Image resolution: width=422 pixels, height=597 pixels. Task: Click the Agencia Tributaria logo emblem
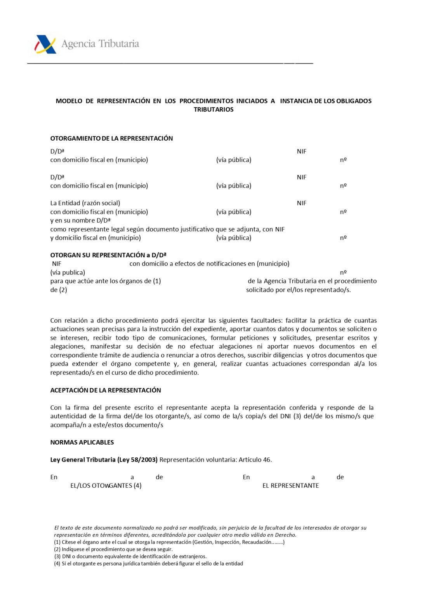(x=46, y=44)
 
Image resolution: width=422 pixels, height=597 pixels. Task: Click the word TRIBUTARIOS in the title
(x=214, y=110)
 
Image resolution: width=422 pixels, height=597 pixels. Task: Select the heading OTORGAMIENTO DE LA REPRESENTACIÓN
(x=111, y=138)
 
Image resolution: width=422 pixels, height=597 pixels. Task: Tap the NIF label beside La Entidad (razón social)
(x=302, y=203)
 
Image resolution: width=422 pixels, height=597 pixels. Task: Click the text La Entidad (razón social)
(x=85, y=203)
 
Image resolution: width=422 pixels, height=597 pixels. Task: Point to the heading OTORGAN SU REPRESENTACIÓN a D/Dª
(x=108, y=255)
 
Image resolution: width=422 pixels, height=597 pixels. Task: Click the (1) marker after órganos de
(x=157, y=281)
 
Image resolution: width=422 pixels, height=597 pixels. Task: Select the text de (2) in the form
(x=59, y=290)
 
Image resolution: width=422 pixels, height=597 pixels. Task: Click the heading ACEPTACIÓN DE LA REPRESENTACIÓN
(x=106, y=390)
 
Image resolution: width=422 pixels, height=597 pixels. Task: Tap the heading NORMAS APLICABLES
(x=82, y=442)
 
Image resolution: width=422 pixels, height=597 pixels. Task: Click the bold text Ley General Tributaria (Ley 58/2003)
(x=104, y=460)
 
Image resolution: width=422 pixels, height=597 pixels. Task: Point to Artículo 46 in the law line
(x=255, y=460)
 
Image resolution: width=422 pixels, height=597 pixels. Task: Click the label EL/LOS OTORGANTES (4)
(x=106, y=486)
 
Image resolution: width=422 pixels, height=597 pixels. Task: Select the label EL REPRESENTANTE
(x=290, y=486)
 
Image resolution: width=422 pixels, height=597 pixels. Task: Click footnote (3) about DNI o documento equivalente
(x=130, y=557)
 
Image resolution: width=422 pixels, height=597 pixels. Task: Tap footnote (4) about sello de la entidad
(x=148, y=564)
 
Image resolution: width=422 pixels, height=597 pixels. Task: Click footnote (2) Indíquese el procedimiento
(x=113, y=550)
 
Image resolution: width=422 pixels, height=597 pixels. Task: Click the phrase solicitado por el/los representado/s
(x=298, y=290)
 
